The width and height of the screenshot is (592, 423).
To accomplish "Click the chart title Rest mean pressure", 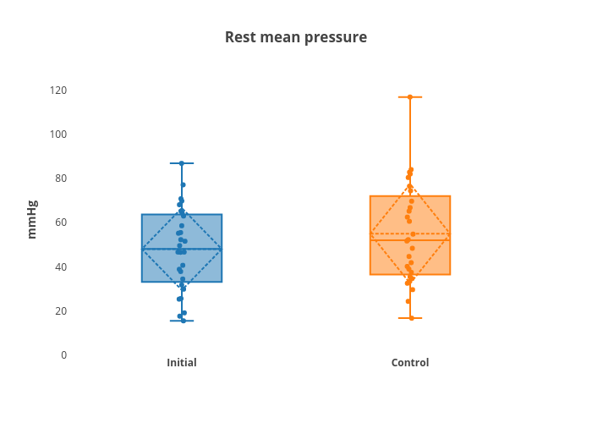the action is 296,37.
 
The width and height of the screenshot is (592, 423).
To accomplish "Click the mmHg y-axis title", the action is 32,219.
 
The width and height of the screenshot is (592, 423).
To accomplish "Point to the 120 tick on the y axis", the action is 58,91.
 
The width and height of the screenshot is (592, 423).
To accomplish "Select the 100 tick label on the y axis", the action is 58,135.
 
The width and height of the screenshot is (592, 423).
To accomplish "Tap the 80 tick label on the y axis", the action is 61,179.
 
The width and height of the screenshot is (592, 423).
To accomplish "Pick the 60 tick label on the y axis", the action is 61,222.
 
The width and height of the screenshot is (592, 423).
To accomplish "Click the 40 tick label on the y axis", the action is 61,267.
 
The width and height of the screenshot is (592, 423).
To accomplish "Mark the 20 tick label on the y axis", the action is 61,310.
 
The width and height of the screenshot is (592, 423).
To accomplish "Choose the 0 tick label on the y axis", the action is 63,355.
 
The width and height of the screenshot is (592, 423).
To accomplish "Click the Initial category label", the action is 182,363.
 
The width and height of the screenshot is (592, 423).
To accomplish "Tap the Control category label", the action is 410,363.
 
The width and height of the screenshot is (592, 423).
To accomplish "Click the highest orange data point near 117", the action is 410,97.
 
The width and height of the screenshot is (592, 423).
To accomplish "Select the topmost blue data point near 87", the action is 182,163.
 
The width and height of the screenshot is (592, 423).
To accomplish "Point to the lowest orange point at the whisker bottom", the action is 412,318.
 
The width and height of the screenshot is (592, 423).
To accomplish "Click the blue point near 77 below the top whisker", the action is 184,184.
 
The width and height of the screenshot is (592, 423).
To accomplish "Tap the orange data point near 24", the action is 408,301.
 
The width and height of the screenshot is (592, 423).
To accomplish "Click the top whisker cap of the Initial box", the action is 182,163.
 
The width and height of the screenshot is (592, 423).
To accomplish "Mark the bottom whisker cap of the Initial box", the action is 182,321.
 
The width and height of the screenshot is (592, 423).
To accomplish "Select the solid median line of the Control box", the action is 410,239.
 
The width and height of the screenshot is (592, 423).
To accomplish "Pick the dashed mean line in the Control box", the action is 410,234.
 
